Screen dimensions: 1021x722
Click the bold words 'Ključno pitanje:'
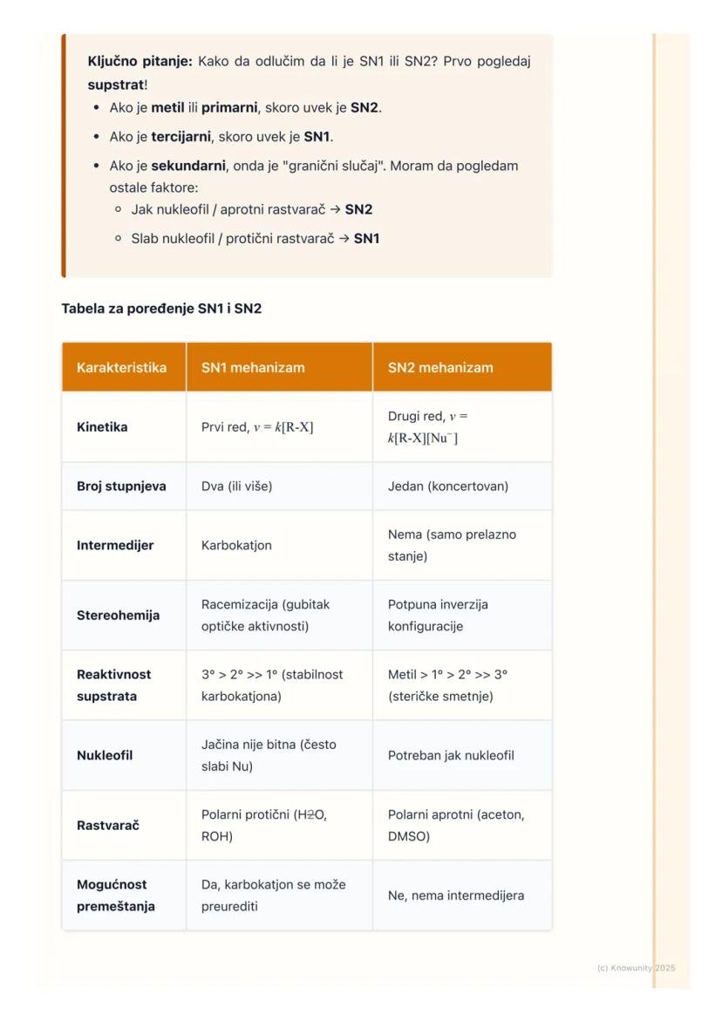coord(140,62)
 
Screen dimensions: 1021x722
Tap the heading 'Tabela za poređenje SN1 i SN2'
coord(161,309)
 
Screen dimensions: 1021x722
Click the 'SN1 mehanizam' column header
coord(253,368)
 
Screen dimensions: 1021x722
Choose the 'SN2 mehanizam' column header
coord(440,368)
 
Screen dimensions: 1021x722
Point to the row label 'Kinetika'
coord(102,427)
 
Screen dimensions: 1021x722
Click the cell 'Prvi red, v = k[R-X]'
coord(257,427)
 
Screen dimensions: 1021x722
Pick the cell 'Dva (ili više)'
coord(236,487)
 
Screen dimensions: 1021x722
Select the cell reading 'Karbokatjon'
coord(236,546)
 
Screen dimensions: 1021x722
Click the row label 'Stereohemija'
coord(118,616)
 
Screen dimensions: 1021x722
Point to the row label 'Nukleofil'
coord(105,756)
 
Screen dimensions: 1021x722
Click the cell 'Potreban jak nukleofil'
coord(451,756)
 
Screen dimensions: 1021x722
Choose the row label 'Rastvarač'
coord(107,826)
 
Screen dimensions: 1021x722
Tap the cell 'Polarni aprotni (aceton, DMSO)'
coord(456,826)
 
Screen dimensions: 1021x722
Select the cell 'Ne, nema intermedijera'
coord(456,895)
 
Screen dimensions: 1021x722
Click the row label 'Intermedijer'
coord(115,546)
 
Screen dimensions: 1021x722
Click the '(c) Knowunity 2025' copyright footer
coord(636,968)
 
